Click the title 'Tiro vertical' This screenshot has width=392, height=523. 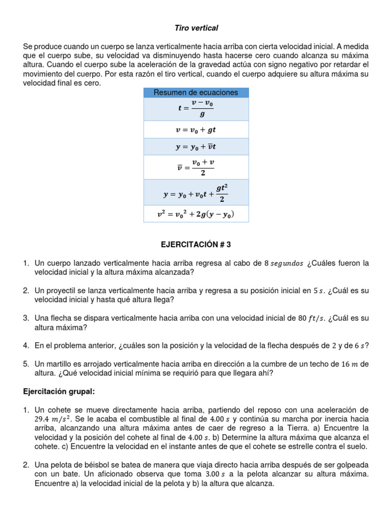pos(196,28)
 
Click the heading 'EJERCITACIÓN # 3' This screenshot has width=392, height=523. pos(196,245)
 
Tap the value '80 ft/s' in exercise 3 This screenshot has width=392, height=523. pos(312,318)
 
